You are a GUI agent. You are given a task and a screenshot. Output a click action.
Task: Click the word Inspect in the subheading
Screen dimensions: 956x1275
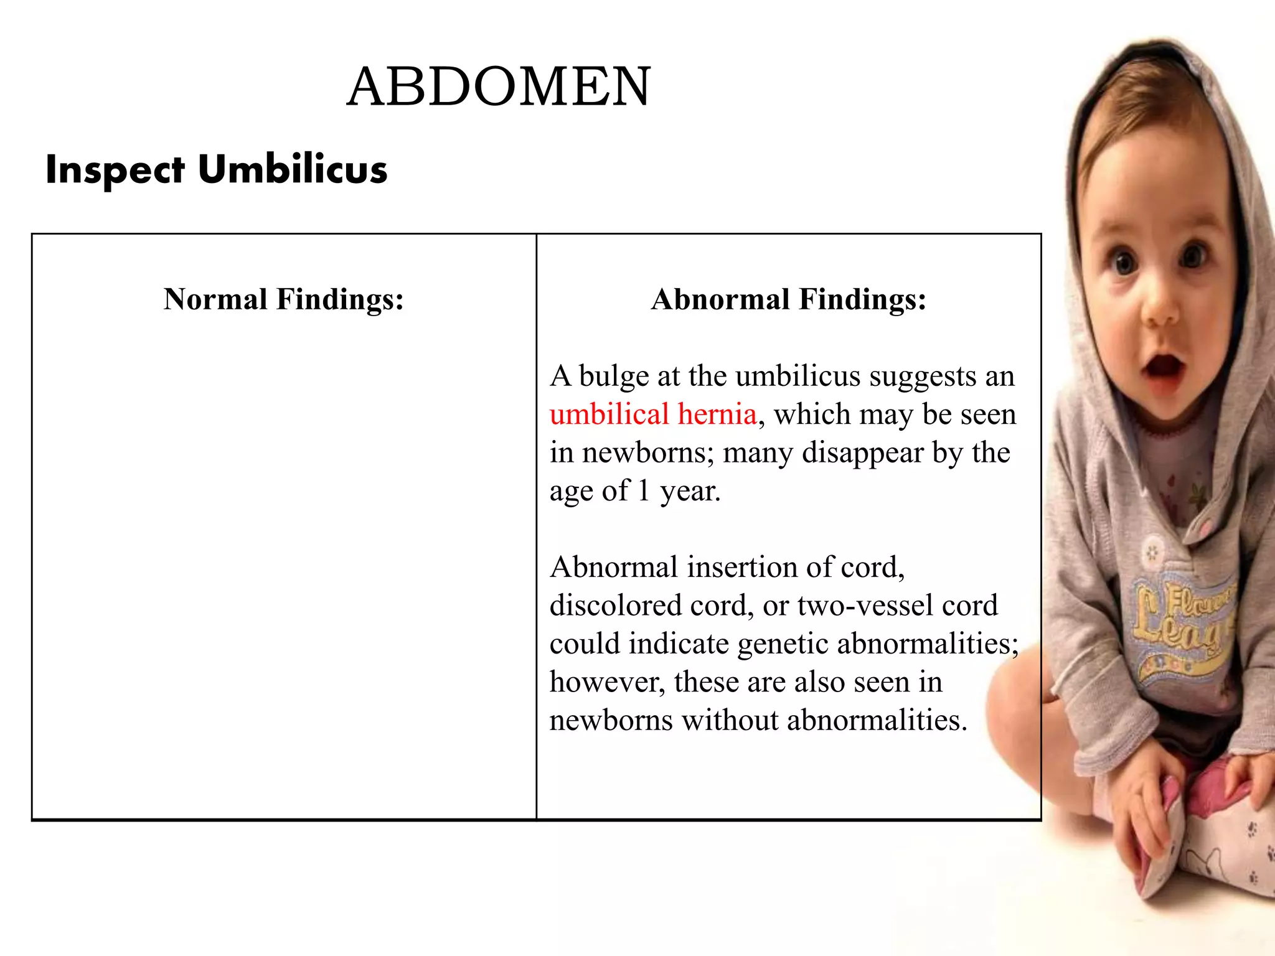pyautogui.click(x=115, y=170)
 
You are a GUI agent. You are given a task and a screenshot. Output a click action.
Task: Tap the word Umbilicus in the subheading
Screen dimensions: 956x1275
pyautogui.click(x=293, y=169)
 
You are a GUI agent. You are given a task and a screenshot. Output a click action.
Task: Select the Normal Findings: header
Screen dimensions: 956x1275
pyautogui.click(x=284, y=299)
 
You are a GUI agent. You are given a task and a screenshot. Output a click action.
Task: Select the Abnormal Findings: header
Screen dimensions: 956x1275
pyautogui.click(x=789, y=299)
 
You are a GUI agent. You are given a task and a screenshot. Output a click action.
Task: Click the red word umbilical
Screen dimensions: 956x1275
pyautogui.click(x=609, y=415)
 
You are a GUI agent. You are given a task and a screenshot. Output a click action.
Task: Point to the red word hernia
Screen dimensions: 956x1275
pyautogui.click(x=717, y=415)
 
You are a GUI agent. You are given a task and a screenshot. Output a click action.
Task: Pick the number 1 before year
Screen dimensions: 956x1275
pyautogui.click(x=644, y=491)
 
